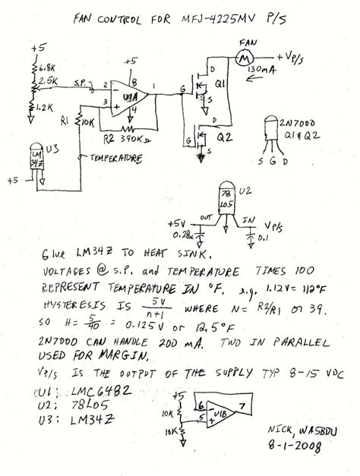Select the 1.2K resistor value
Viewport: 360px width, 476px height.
pos(46,108)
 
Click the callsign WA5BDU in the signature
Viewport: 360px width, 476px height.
pos(314,427)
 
